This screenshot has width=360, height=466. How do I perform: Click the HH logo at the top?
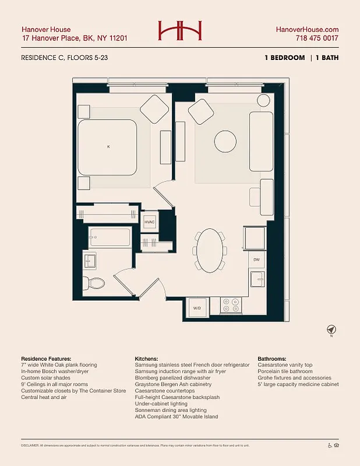(x=179, y=31)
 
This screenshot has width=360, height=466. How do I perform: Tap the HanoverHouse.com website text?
(x=307, y=29)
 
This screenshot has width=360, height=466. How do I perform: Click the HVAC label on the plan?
(x=150, y=223)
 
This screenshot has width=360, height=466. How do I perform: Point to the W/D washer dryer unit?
(x=196, y=308)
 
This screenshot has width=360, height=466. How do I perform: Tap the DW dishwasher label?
(x=256, y=260)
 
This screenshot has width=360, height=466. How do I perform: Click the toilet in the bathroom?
(x=94, y=284)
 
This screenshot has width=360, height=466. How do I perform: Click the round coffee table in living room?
(x=225, y=141)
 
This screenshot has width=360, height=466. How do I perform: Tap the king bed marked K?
(x=108, y=147)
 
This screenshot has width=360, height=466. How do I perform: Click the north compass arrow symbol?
(x=330, y=330)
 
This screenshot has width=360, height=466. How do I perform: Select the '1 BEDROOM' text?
(x=285, y=58)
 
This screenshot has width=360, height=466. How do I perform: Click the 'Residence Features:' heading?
(x=46, y=358)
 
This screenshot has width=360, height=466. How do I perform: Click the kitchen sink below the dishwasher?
(x=257, y=279)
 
